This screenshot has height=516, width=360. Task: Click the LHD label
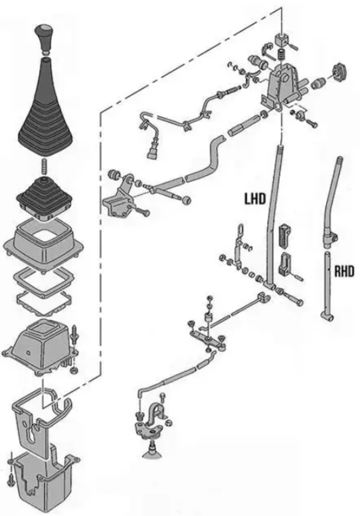[255, 199]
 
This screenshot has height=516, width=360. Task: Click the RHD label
[344, 271]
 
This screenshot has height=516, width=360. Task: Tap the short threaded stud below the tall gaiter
[45, 166]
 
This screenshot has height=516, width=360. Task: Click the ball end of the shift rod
[186, 200]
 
